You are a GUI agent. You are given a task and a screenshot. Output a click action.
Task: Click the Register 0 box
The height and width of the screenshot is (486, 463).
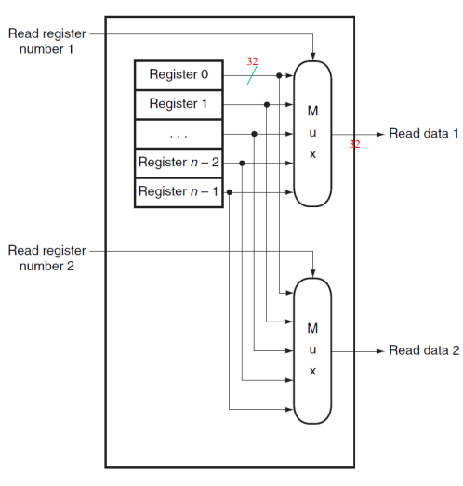179,74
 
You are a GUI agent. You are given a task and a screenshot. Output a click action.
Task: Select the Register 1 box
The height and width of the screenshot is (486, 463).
179,104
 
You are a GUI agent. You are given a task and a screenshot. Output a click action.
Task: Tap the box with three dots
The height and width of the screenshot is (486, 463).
179,134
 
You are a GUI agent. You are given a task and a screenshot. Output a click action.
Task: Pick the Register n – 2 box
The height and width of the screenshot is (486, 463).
179,163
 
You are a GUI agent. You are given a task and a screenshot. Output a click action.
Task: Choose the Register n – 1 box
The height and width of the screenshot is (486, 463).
179,191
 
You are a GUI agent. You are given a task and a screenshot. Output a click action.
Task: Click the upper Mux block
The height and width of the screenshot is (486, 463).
312,132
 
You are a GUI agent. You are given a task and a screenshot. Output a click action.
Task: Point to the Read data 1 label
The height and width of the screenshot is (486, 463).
424,134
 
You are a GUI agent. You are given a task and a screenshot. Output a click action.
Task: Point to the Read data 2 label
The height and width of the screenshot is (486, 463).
424,351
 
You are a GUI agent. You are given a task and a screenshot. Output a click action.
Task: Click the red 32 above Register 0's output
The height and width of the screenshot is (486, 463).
252,61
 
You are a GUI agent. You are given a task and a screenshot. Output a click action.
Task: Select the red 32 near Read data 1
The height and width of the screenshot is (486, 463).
354,144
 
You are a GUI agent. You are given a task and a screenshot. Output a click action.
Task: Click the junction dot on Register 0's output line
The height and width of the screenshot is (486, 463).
280,75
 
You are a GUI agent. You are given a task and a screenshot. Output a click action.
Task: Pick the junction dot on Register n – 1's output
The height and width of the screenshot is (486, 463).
230,192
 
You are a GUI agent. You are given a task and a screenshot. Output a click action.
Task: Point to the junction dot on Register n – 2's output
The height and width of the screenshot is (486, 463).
243,163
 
